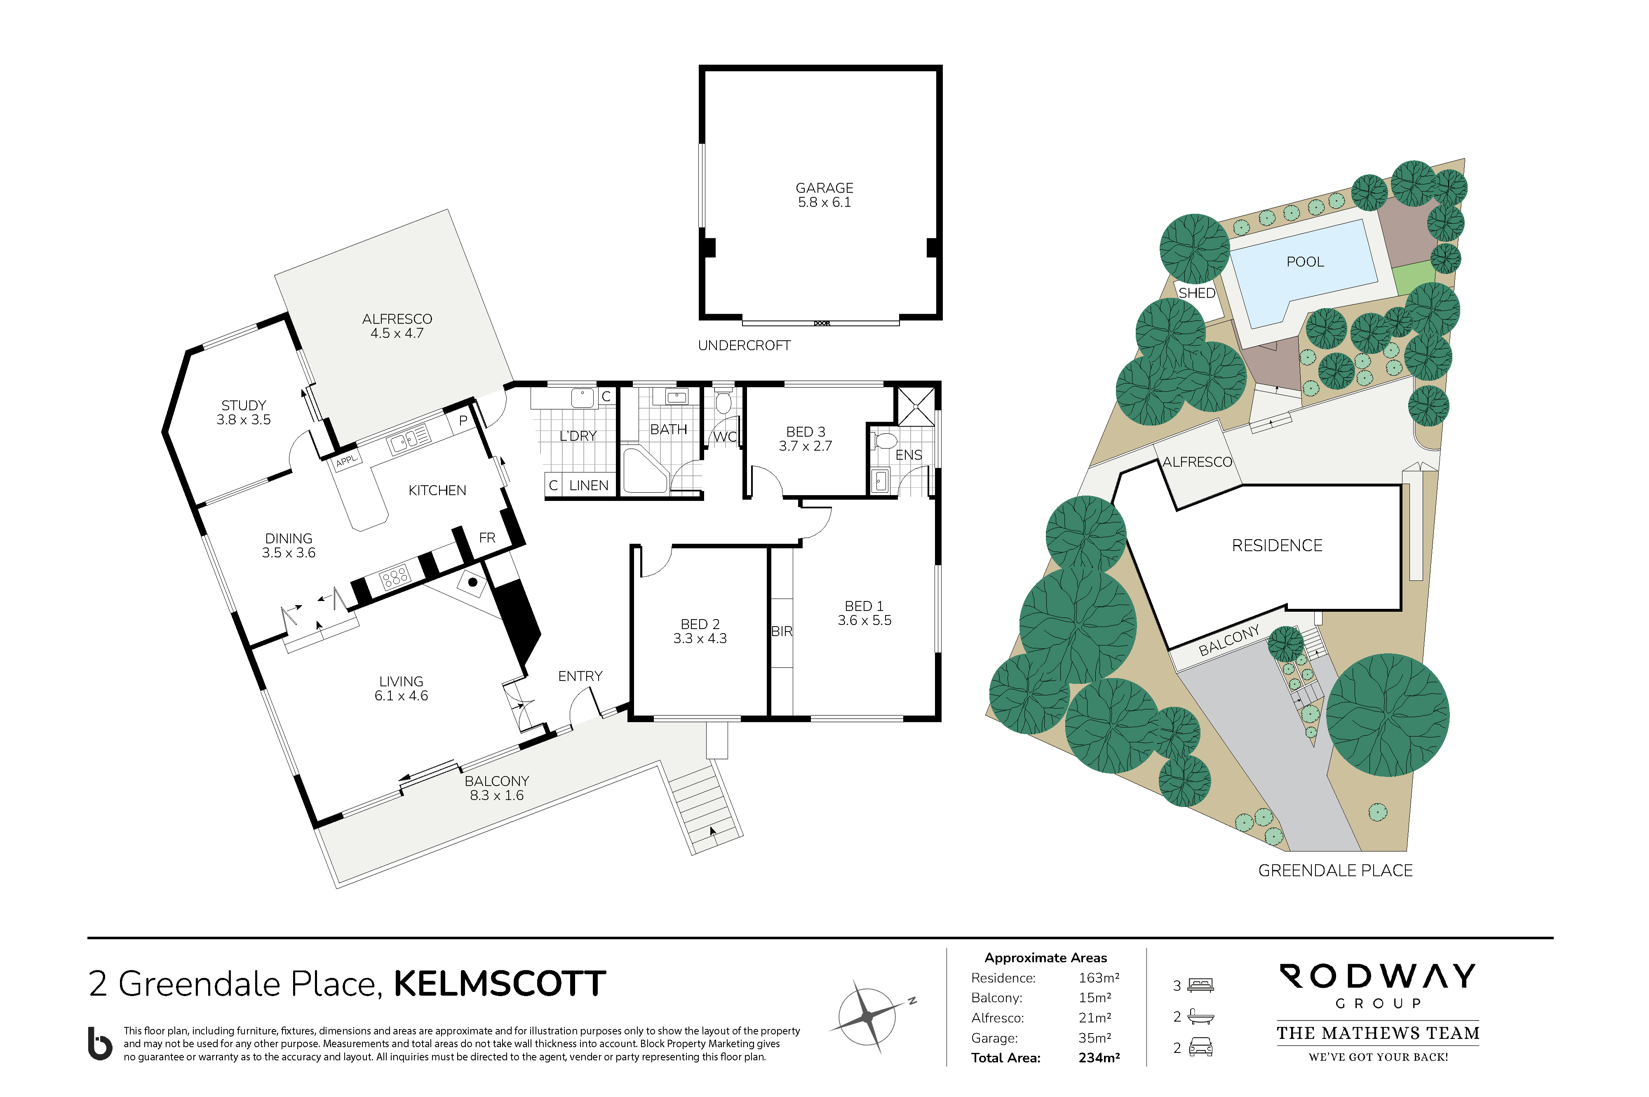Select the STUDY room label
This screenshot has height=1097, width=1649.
coord(244,406)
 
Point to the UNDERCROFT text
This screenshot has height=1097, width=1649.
coord(744,345)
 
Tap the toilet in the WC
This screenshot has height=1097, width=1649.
coord(723,401)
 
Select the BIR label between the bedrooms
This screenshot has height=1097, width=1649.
coord(782,631)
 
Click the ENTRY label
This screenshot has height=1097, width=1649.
coord(580,676)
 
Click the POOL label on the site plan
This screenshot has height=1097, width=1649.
coord(1305,262)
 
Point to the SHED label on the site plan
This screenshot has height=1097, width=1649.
coord(1196,293)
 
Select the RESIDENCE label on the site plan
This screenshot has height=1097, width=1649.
coord(1277,546)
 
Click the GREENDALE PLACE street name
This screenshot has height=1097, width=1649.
coord(1335,870)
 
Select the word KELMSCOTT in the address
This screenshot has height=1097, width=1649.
coord(500,984)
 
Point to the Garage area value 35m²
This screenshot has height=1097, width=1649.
coord(1094,1038)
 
